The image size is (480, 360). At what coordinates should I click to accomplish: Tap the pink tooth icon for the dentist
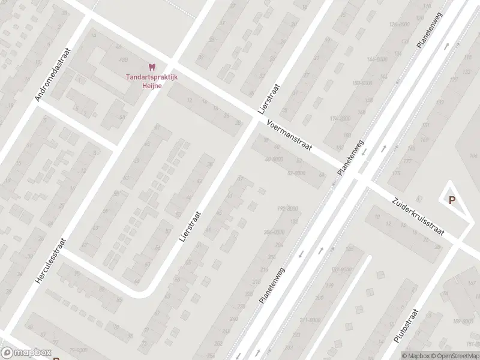(x=151, y=68)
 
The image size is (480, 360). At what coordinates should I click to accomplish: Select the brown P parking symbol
(x=452, y=201)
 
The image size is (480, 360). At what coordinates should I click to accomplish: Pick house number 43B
(x=124, y=60)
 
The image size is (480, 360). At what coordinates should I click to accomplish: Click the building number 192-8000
(x=287, y=208)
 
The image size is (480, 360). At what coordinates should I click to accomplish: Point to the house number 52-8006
(x=296, y=173)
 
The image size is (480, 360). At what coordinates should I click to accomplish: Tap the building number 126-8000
(x=399, y=25)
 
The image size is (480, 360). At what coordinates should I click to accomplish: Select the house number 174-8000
(x=340, y=119)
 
